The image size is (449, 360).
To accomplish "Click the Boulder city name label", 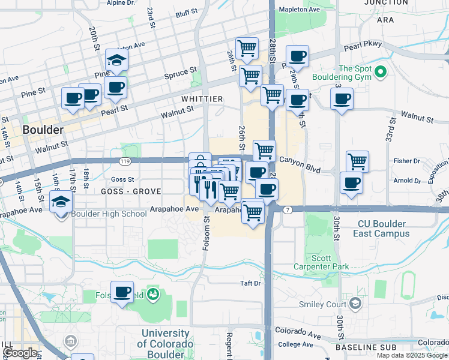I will coord(43,130).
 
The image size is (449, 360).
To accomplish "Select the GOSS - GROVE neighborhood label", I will coord(131,191).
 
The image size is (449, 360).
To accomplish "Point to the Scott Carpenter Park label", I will coord(330,262).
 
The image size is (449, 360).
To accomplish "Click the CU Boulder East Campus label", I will coord(382,229).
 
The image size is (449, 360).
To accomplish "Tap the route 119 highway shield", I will coord(125,161).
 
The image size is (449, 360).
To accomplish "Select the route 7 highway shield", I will coord(289,209).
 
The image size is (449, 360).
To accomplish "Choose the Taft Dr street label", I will coord(250,283).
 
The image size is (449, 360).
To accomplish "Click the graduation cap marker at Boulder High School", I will coord(62,202).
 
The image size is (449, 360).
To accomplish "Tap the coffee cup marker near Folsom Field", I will coord(122,292).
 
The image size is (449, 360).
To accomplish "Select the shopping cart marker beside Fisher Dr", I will coord(357,161).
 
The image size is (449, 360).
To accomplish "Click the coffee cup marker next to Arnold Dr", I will coord(351,182).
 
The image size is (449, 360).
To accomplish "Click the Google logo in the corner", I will coord(20,353).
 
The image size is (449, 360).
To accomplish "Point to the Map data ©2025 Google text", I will coord(412,355).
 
